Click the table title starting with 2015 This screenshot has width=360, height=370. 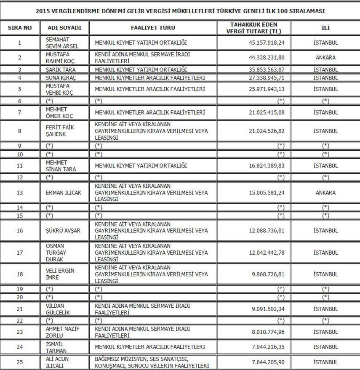180,10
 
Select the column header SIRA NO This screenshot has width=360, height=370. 20,28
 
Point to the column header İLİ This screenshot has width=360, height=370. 325,28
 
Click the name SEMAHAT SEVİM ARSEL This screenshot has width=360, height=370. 58,43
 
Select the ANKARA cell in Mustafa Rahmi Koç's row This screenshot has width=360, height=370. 325,58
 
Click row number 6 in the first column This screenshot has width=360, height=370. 20,101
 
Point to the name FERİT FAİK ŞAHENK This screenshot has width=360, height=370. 58,131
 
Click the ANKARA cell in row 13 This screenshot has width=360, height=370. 325,193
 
